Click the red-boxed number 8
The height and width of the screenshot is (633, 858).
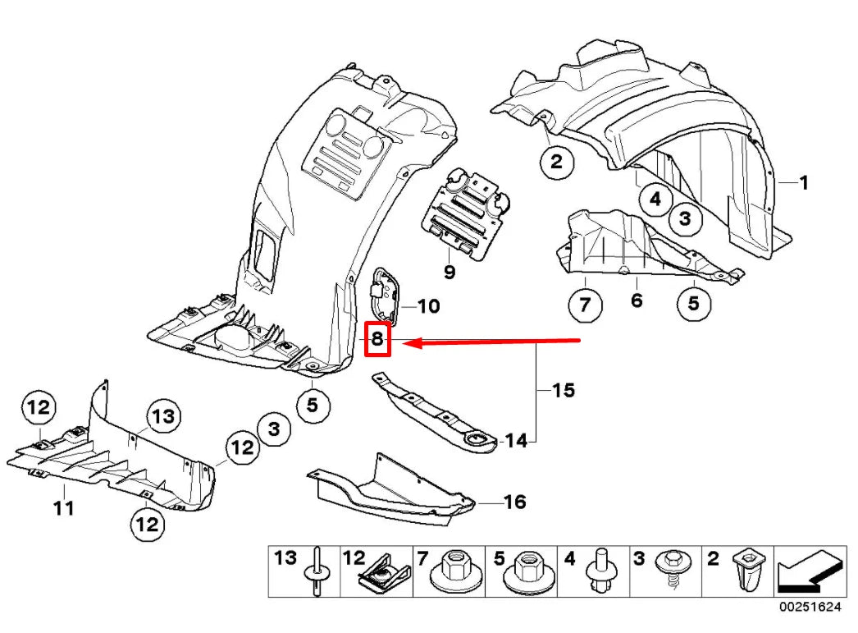(x=377, y=337)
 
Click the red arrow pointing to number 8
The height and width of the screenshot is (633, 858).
(x=492, y=342)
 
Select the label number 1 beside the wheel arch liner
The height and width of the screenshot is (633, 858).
(x=803, y=183)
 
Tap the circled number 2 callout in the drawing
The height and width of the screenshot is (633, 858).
(x=556, y=162)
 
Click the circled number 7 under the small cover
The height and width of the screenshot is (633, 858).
(x=584, y=305)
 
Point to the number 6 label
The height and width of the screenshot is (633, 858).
(x=637, y=301)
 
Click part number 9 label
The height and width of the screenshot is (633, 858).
(x=449, y=270)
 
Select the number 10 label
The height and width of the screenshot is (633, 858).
(x=428, y=307)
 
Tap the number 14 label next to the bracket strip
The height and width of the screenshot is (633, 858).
(x=515, y=441)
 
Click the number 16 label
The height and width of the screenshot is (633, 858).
(x=514, y=501)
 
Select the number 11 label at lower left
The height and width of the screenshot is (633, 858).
(x=63, y=508)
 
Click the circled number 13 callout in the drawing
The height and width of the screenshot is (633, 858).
(x=163, y=416)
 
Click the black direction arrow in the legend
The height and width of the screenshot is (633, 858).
(x=806, y=572)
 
